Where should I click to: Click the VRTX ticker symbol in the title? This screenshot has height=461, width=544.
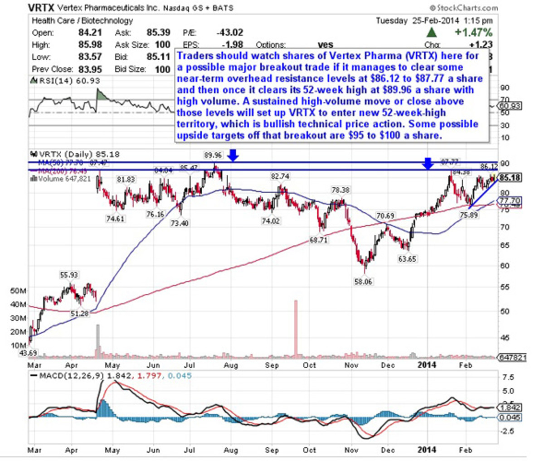coord(42,8)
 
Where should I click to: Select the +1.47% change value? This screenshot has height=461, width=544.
coord(473,32)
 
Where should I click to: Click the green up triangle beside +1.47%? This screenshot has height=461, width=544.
coord(432,32)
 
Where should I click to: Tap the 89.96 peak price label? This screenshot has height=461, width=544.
coord(213,155)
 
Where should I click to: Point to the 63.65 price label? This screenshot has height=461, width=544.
coord(407,259)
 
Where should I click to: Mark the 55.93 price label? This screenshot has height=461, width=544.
coord(69,275)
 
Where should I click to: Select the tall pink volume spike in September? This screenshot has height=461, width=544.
coord(296,327)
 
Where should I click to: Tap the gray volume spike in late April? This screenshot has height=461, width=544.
coord(97,340)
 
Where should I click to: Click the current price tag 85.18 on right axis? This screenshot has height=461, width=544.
coord(509,178)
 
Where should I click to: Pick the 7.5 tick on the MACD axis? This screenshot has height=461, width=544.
coord(508,377)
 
